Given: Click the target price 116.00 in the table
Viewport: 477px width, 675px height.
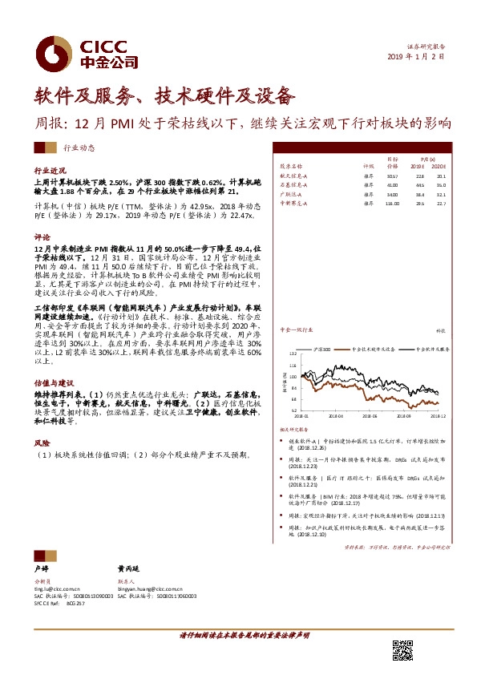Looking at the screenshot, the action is tap(392, 204).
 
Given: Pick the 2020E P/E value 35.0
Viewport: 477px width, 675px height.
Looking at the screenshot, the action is tap(441, 184).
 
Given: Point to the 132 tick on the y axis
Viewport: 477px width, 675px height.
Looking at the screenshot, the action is tap(293, 352).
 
